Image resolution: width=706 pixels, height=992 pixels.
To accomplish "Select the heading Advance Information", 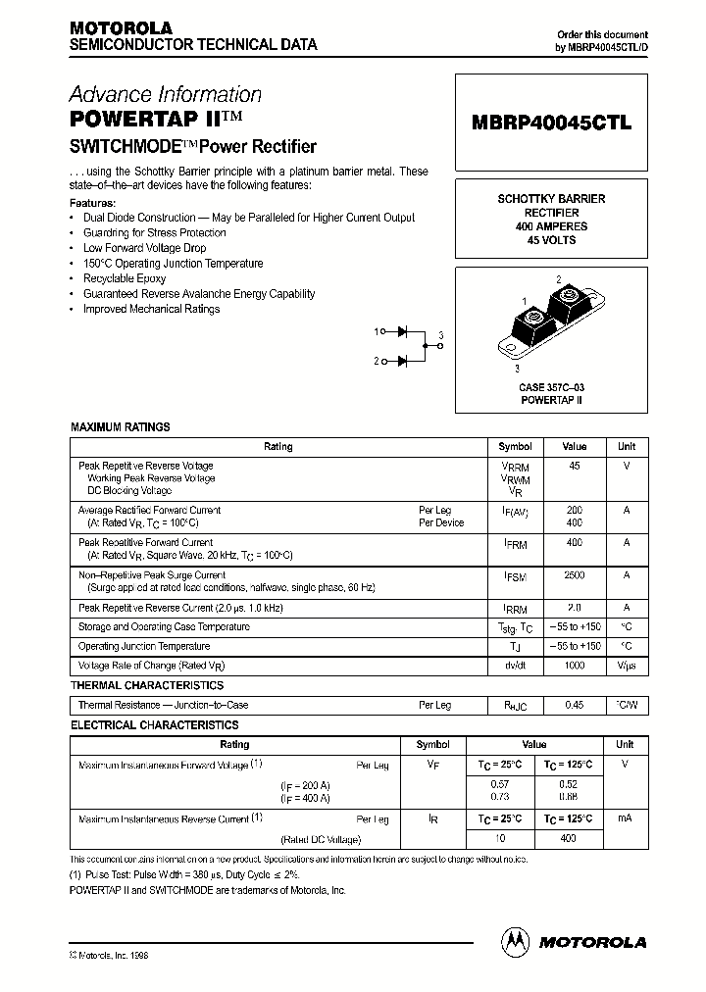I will click(x=165, y=95).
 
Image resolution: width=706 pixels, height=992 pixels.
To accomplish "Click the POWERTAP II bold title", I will click(x=143, y=120).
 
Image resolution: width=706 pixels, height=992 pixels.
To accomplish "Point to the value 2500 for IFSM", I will click(x=574, y=575).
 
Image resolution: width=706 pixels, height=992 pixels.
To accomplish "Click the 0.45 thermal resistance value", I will click(x=574, y=705).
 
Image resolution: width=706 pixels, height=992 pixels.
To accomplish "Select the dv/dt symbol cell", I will click(x=515, y=666).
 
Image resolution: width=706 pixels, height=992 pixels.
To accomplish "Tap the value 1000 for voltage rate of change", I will click(x=574, y=666).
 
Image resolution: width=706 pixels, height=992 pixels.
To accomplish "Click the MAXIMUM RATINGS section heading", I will click(x=120, y=427).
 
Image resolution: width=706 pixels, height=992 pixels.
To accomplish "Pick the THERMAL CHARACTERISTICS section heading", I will click(x=146, y=686).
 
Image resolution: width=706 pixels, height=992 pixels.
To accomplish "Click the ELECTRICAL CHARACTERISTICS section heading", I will click(x=154, y=725).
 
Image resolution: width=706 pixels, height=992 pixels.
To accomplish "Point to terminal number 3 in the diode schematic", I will click(x=441, y=336).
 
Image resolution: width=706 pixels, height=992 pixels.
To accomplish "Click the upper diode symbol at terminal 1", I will click(x=402, y=332).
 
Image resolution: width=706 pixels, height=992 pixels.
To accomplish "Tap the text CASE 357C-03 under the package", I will click(x=551, y=387).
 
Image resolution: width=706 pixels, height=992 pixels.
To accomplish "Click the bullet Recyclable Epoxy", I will click(x=125, y=278).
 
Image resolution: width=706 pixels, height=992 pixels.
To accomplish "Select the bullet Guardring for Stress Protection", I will click(x=154, y=233).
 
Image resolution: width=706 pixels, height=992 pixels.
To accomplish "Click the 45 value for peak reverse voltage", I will click(x=574, y=466).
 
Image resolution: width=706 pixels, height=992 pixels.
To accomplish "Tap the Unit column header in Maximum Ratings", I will click(x=626, y=447).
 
